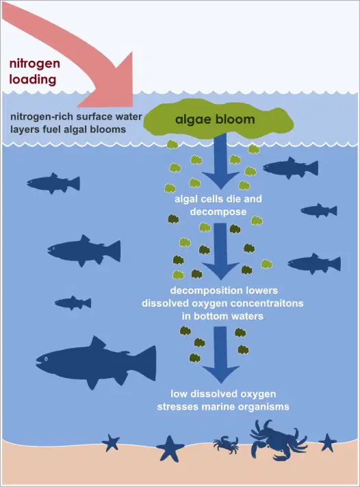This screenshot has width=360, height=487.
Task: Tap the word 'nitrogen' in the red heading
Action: coord(35,64)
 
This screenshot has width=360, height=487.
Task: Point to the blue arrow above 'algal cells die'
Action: coord(221,160)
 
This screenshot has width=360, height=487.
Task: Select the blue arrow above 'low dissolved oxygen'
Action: coord(220,355)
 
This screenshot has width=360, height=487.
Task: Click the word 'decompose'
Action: coord(218,212)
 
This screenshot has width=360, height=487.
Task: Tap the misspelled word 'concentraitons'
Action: coord(268,303)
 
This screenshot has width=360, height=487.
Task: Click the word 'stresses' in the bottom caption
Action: coord(177,407)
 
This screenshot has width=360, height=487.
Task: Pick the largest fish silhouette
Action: coord(97,362)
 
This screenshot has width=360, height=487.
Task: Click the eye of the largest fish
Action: coord(46,359)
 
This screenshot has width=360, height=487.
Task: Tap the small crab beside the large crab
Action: coord(227,445)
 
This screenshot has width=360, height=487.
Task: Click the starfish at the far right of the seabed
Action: coord(327,442)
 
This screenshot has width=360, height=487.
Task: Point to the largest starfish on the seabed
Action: coord(170,448)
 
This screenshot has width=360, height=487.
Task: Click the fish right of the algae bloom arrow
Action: coord(291,168)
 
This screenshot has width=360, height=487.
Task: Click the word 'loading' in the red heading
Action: coord(33,80)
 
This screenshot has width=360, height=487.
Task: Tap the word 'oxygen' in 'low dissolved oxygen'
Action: coord(256,394)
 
